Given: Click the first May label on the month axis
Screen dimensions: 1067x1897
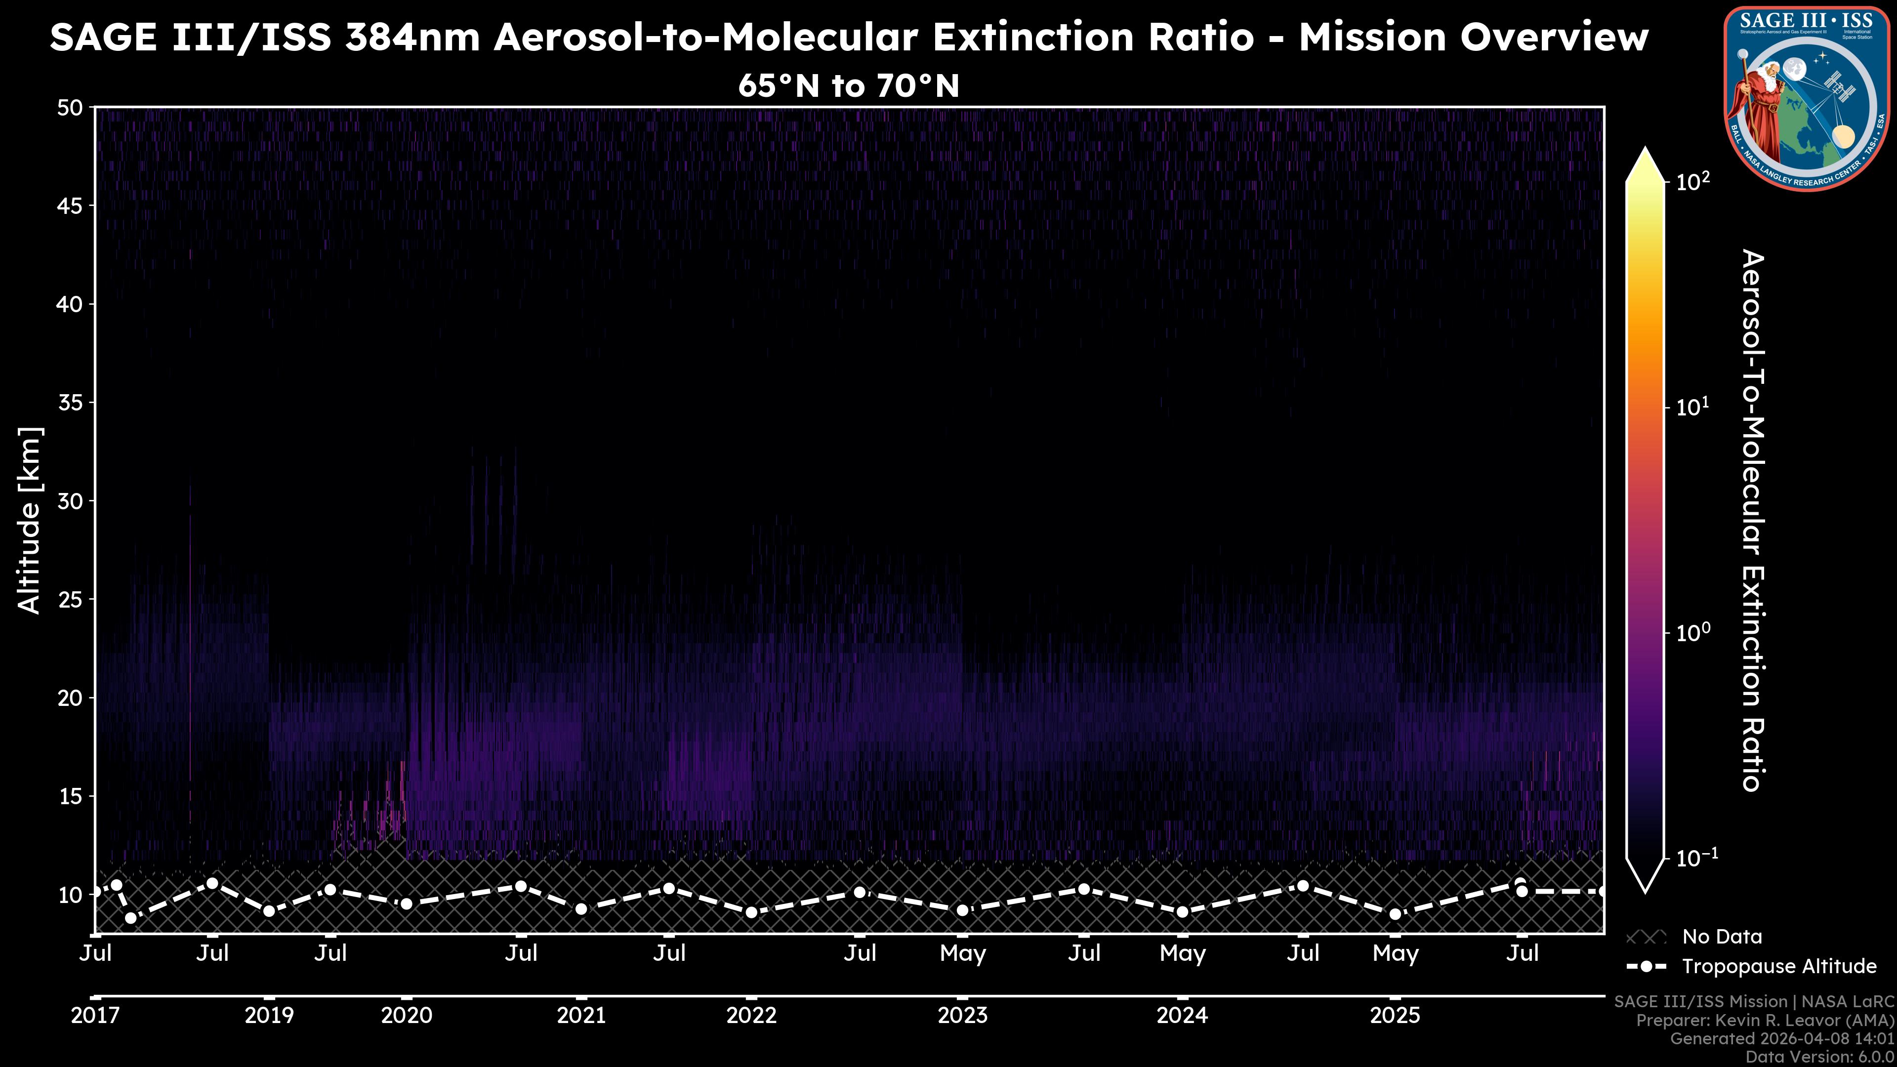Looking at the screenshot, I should pyautogui.click(x=962, y=953).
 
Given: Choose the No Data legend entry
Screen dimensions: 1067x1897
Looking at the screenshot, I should pyautogui.click(x=1722, y=937).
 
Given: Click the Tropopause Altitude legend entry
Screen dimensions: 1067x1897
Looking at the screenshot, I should pyautogui.click(x=1778, y=966).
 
